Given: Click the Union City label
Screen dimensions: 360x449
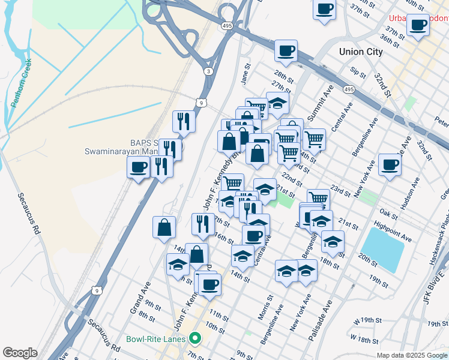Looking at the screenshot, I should (360, 52).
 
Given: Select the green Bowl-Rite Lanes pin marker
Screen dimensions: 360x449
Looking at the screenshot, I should (194, 338).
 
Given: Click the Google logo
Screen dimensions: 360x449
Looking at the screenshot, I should (20, 353).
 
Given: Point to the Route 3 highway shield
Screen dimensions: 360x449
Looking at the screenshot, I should (208, 71).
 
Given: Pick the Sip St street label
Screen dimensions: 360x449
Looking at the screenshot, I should (358, 73).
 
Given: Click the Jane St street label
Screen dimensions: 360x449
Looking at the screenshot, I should (244, 76).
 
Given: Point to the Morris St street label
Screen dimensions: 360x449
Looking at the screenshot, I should (268, 305).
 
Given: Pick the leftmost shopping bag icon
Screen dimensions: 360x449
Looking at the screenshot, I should (164, 227).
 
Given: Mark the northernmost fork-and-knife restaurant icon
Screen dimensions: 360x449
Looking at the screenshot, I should (184, 121).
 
